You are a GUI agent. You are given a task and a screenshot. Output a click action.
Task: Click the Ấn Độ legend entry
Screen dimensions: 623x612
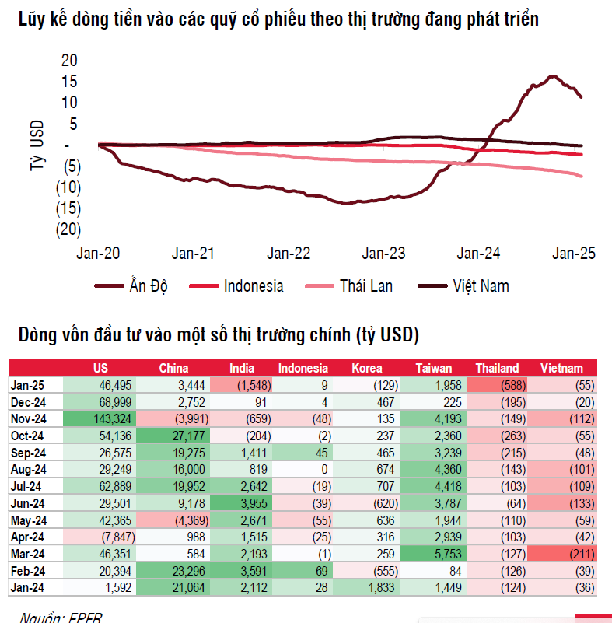[x=146, y=286]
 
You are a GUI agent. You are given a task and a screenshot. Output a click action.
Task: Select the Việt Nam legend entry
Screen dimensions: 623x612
[x=481, y=286]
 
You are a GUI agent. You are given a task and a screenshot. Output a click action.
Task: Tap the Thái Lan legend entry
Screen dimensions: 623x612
[x=365, y=286]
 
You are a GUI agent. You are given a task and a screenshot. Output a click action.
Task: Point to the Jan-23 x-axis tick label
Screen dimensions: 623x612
[x=385, y=253]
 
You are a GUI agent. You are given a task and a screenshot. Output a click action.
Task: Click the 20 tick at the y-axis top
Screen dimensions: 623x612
[x=69, y=60]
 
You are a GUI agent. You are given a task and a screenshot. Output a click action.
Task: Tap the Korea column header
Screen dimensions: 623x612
[x=367, y=368]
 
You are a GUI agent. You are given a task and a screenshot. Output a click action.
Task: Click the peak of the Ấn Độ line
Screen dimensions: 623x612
[x=553, y=76]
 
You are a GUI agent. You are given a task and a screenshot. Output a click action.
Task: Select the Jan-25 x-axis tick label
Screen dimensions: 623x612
[x=573, y=253]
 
